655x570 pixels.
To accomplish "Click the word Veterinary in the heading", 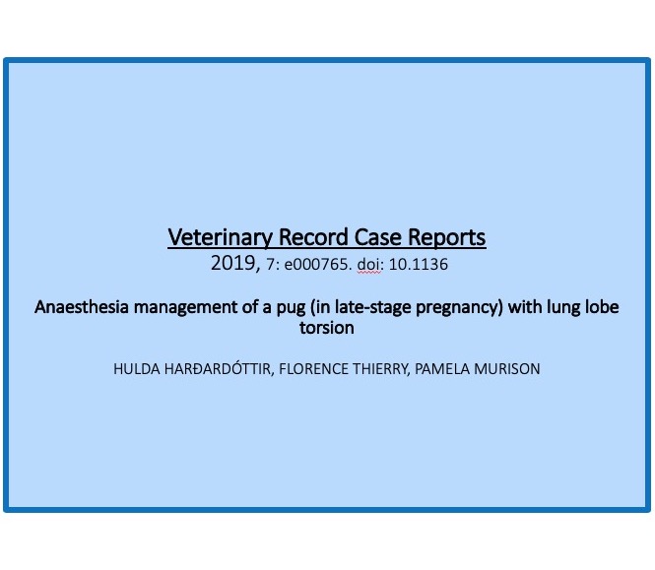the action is (220, 237).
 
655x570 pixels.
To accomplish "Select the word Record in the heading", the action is (313, 237).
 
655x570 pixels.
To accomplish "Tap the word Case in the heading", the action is (377, 237).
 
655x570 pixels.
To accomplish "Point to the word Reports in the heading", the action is (446, 237).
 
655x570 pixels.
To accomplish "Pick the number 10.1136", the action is (419, 265).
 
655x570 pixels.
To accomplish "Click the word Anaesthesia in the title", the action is (82, 307).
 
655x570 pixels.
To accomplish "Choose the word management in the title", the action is (185, 308).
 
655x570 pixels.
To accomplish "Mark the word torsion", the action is (327, 328).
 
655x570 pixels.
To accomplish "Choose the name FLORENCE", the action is (313, 369).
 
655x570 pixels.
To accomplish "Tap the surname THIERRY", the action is (381, 369).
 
